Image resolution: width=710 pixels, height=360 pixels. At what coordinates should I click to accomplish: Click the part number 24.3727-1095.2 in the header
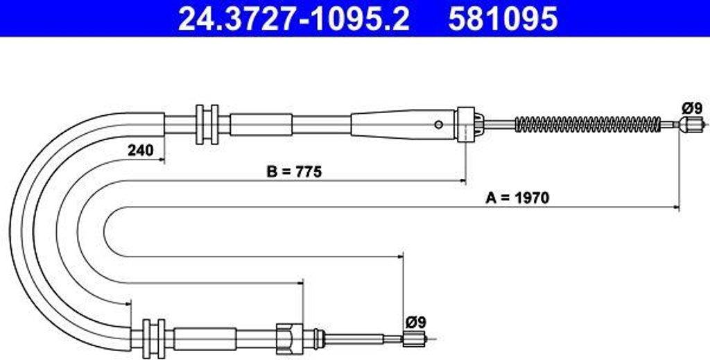[294, 19]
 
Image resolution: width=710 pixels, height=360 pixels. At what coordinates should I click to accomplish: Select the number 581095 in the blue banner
[503, 19]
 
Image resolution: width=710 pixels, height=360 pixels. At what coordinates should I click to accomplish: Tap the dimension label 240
[140, 150]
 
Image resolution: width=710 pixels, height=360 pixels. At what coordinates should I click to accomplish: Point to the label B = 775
[294, 171]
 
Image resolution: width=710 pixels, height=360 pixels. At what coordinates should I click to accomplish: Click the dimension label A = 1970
[517, 198]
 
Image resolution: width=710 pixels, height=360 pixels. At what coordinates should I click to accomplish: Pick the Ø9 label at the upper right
[692, 108]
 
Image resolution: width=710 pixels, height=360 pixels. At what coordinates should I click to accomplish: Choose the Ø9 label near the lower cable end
[416, 323]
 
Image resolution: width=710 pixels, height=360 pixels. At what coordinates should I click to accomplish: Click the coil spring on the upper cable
[588, 124]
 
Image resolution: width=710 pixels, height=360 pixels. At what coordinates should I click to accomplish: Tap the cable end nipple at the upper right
[691, 123]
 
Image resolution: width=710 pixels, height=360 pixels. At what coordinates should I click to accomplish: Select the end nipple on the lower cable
[415, 338]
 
